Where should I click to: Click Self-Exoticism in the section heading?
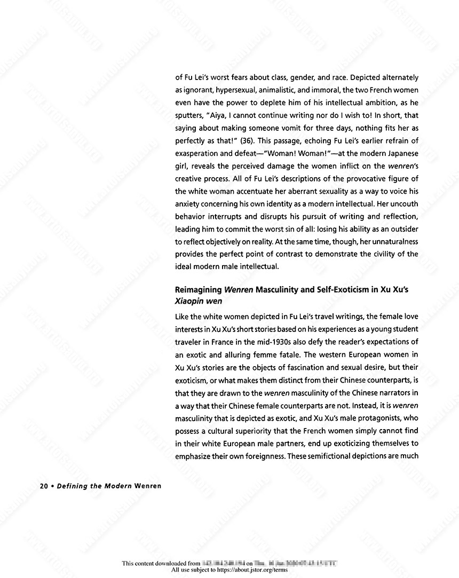tap(326, 290)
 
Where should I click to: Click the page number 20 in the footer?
tap(44, 486)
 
